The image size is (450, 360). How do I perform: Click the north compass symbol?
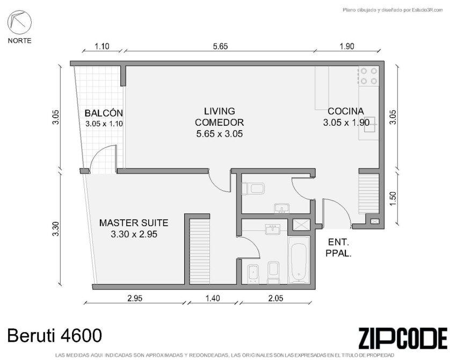click(x=19, y=22)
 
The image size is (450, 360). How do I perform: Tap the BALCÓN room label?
click(x=104, y=113)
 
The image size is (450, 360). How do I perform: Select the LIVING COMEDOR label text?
click(x=220, y=117)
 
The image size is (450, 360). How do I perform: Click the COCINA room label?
click(x=345, y=111)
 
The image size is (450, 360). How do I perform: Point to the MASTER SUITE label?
click(x=134, y=223)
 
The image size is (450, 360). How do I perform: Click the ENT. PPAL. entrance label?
click(x=339, y=248)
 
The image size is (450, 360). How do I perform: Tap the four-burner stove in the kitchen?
click(x=369, y=76)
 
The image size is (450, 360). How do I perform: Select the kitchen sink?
click(x=370, y=124)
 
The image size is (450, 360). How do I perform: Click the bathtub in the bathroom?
click(x=299, y=260)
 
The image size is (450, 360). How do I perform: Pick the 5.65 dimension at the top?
click(x=220, y=46)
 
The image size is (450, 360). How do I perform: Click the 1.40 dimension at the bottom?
click(x=213, y=298)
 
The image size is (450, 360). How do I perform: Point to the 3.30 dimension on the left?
click(x=56, y=229)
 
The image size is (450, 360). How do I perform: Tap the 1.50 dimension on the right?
click(x=393, y=198)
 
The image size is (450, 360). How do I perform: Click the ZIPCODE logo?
click(x=403, y=338)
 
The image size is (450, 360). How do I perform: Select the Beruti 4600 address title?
click(x=55, y=335)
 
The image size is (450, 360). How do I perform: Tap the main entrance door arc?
click(x=342, y=205)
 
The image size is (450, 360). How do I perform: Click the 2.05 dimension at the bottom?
click(x=275, y=298)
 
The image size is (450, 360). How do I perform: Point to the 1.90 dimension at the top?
click(x=347, y=46)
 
